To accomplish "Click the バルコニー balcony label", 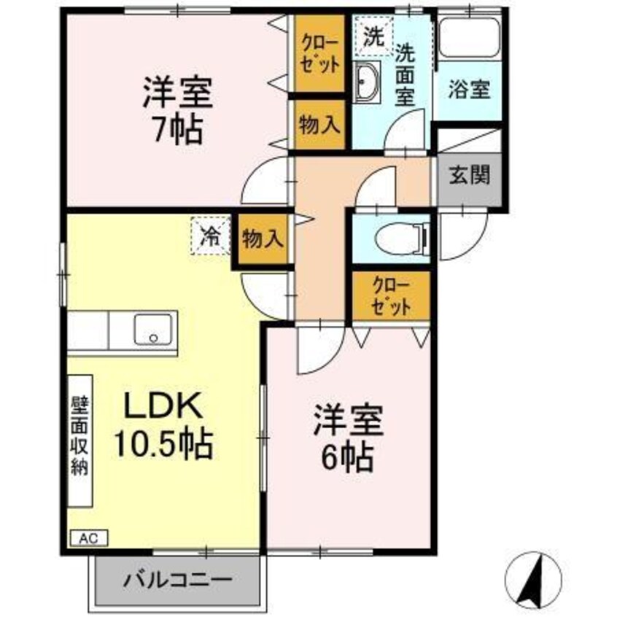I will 177,581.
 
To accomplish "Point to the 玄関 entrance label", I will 469,176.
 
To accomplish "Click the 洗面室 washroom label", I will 406,74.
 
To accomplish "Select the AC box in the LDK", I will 88,539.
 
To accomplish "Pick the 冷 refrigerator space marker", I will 210,236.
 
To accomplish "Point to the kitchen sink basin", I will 154,329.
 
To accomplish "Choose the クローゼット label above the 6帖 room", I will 391,295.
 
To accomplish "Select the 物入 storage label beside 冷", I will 263,238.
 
